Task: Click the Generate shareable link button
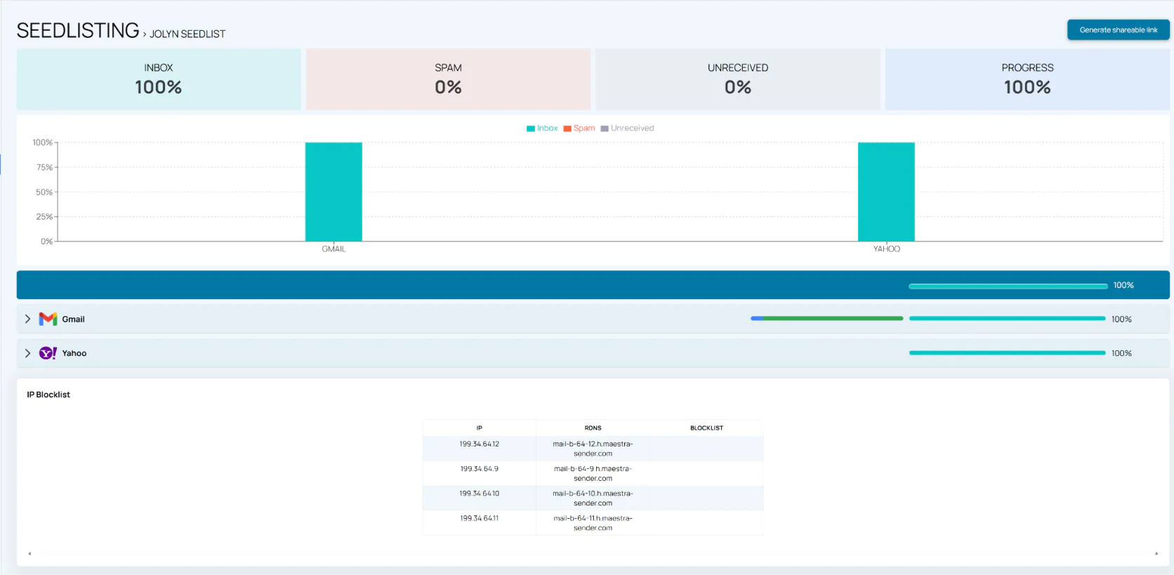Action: tap(1118, 30)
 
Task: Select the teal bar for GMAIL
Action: tap(334, 192)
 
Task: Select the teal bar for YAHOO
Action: tap(886, 192)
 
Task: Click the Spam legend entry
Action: tap(579, 128)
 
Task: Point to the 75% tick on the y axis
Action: tap(45, 168)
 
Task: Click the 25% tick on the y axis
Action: tap(45, 217)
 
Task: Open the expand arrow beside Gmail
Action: tap(27, 319)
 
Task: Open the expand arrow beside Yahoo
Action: tap(27, 353)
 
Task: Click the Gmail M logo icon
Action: tap(48, 319)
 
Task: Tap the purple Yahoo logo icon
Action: tap(48, 353)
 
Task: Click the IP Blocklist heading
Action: tap(48, 395)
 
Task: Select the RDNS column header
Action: tap(593, 428)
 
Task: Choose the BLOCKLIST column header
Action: tap(706, 428)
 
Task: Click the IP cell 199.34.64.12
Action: tap(480, 444)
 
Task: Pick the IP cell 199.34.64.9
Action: tap(480, 469)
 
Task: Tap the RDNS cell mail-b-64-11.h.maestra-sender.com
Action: tap(593, 523)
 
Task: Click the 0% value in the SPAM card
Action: tap(448, 87)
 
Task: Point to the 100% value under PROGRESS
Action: tap(1027, 87)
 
